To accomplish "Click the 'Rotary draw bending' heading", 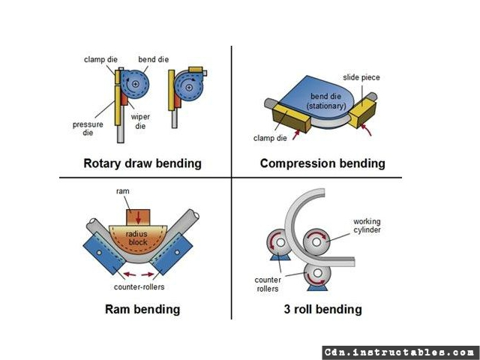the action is click(x=142, y=163).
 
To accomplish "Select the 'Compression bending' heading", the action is click(x=322, y=163).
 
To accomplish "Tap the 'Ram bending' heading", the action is click(x=142, y=309).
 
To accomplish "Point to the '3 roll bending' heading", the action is click(x=322, y=309).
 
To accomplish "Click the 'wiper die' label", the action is click(x=140, y=121).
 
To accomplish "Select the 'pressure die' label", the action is click(x=88, y=128).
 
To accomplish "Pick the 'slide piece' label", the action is click(x=361, y=77).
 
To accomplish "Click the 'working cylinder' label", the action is click(x=367, y=226).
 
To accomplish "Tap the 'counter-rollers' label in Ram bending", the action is click(x=139, y=286).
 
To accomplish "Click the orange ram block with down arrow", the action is click(x=138, y=217).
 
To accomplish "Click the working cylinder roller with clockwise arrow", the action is click(x=316, y=242).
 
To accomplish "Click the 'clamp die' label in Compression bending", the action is click(x=270, y=138).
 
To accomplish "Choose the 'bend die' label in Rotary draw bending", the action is click(x=153, y=59).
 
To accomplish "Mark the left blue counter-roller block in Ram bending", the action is click(x=104, y=253).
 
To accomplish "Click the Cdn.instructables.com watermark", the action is click(x=400, y=352).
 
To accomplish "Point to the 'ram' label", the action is click(x=123, y=191).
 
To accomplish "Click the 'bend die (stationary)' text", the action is click(x=326, y=101).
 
